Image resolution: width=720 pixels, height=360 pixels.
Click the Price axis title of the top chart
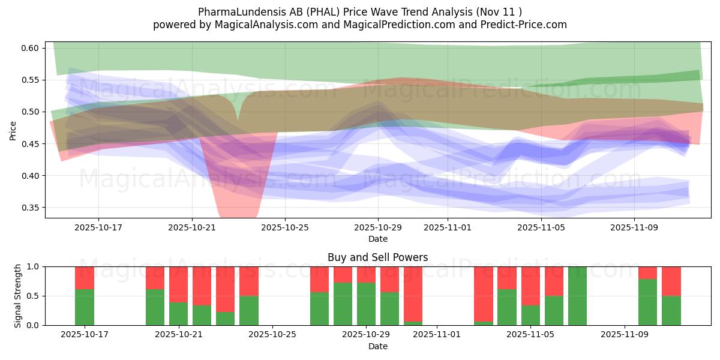(x=13, y=130)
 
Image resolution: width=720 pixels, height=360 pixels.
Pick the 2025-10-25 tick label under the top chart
(x=285, y=228)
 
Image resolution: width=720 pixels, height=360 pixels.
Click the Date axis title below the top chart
(x=378, y=239)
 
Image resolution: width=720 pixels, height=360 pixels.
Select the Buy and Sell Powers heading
(x=378, y=257)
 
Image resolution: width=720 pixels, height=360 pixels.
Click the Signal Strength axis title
(x=18, y=295)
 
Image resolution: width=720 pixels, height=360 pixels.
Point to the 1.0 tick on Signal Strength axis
(x=33, y=266)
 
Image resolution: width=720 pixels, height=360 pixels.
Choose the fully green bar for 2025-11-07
(x=578, y=296)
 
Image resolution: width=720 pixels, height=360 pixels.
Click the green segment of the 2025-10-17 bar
(x=85, y=307)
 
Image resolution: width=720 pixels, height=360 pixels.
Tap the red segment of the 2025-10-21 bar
(x=178, y=284)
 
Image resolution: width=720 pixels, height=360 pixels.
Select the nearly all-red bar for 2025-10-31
(x=413, y=294)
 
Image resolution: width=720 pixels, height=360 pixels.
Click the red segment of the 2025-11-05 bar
(x=530, y=286)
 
